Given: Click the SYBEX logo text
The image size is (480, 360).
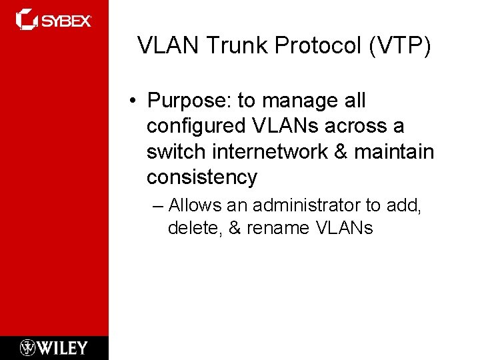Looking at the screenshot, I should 67,21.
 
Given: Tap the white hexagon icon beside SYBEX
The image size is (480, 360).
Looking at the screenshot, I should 27,19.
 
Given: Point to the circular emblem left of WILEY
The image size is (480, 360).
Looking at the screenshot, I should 27,347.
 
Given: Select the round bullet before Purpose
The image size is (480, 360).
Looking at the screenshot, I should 134,101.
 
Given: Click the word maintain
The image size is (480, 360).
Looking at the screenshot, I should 394,152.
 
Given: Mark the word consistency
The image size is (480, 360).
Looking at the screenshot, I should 202,177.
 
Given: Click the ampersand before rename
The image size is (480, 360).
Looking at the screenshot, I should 235,228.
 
